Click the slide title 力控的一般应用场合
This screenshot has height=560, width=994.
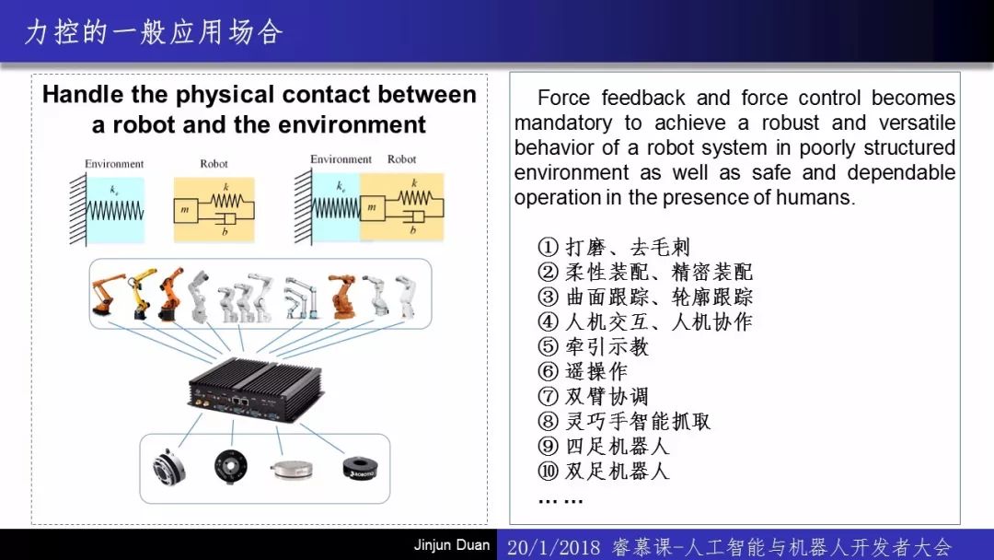pyautogui.click(x=154, y=31)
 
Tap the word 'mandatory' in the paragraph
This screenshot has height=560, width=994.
pyautogui.click(x=563, y=122)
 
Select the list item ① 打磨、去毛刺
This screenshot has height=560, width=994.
pyautogui.click(x=613, y=247)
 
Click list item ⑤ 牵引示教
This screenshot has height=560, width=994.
pyautogui.click(x=593, y=346)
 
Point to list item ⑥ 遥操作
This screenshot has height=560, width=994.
pyautogui.click(x=582, y=371)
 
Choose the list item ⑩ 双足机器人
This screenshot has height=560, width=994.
pyautogui.click(x=603, y=471)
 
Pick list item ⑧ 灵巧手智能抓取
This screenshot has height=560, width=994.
pyautogui.click(x=624, y=421)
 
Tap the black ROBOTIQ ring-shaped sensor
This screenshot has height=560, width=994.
pyautogui.click(x=360, y=468)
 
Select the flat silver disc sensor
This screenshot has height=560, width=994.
pyautogui.click(x=292, y=470)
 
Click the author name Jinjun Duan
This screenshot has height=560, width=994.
pyautogui.click(x=452, y=544)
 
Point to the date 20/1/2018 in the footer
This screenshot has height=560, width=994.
pyautogui.click(x=553, y=547)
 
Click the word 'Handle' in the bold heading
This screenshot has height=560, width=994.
pyautogui.click(x=83, y=95)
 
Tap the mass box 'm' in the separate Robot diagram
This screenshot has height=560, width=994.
pyautogui.click(x=185, y=210)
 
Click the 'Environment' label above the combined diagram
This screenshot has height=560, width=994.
pyautogui.click(x=341, y=159)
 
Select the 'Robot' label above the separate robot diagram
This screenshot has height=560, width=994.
pyautogui.click(x=214, y=164)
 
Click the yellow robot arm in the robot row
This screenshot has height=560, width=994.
pyautogui.click(x=142, y=293)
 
